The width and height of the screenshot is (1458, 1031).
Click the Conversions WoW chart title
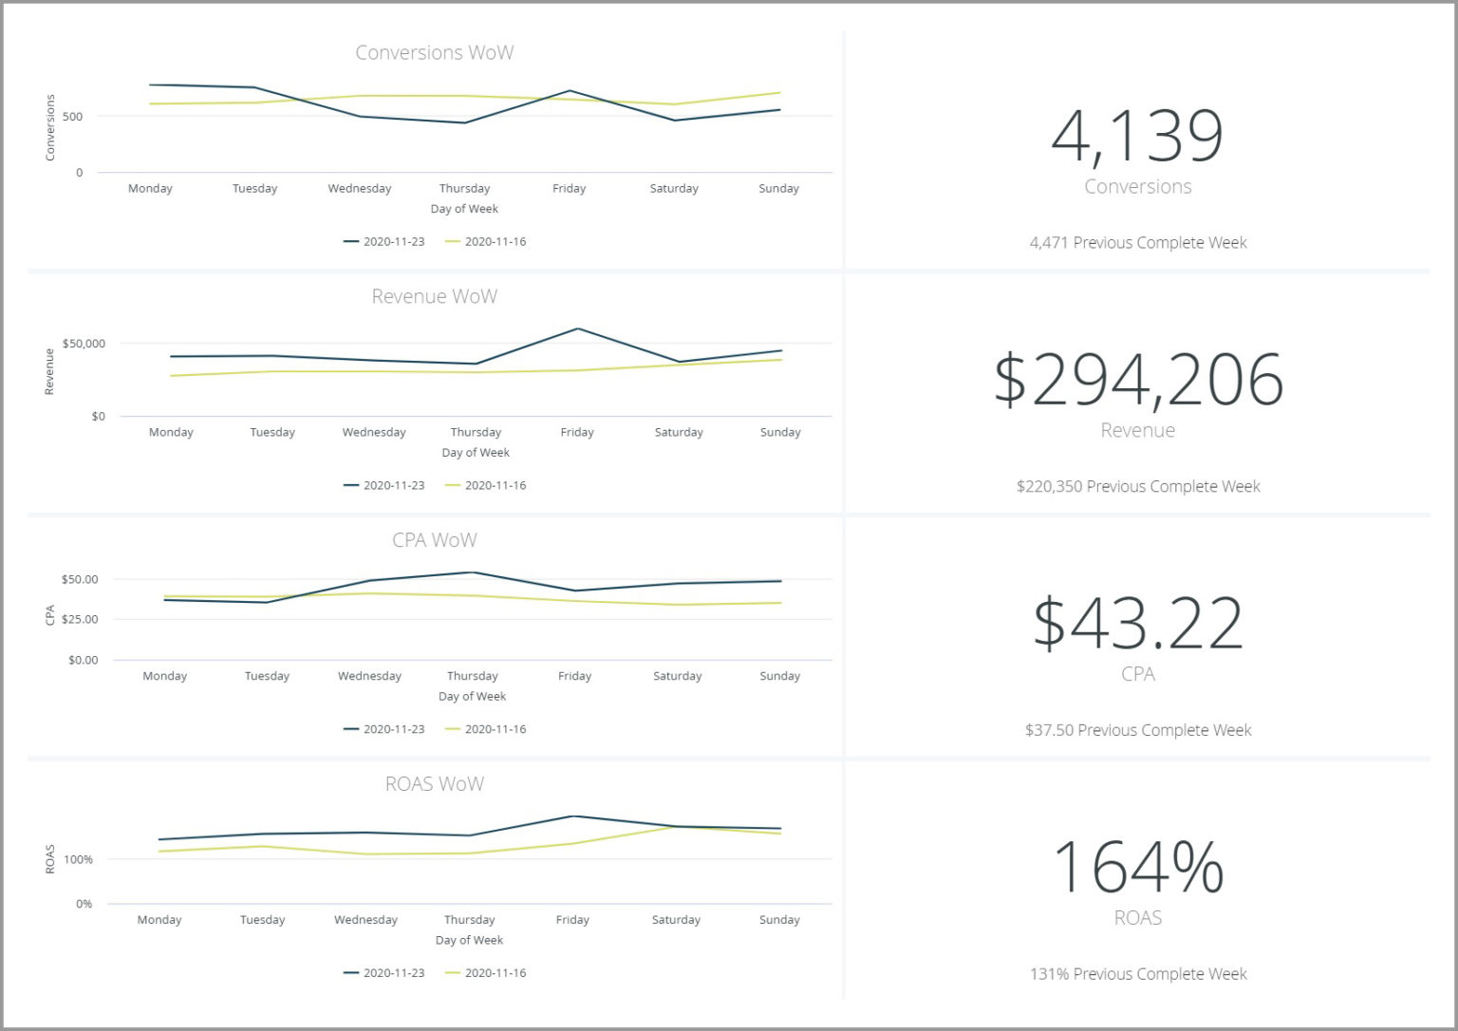[434, 53]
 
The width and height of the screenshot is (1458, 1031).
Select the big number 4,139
[1137, 137]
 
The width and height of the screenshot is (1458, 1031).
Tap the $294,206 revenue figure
[1137, 380]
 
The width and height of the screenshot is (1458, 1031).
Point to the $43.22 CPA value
[1137, 624]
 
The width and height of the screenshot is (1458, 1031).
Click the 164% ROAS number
[1137, 867]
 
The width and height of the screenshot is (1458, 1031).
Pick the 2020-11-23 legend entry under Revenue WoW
[384, 485]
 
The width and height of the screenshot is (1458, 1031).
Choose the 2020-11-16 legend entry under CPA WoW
[486, 729]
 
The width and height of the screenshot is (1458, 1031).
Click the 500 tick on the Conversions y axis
[73, 117]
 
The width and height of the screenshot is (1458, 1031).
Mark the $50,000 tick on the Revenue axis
[84, 344]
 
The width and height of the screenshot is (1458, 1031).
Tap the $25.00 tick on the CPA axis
[80, 619]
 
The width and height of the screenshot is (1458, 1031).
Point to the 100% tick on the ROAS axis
[78, 860]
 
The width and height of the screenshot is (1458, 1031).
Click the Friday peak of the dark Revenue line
[577, 329]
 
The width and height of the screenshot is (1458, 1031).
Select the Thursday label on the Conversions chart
[464, 189]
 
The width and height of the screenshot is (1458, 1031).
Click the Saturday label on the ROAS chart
[676, 920]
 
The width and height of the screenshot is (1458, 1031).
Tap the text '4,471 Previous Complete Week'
[1137, 243]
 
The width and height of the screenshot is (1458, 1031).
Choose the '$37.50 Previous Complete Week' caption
[1137, 730]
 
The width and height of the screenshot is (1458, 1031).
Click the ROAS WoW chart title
[434, 784]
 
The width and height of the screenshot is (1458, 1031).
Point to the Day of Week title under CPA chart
[472, 697]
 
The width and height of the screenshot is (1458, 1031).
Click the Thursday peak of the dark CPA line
[473, 572]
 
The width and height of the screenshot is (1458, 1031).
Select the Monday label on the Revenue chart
[171, 433]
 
